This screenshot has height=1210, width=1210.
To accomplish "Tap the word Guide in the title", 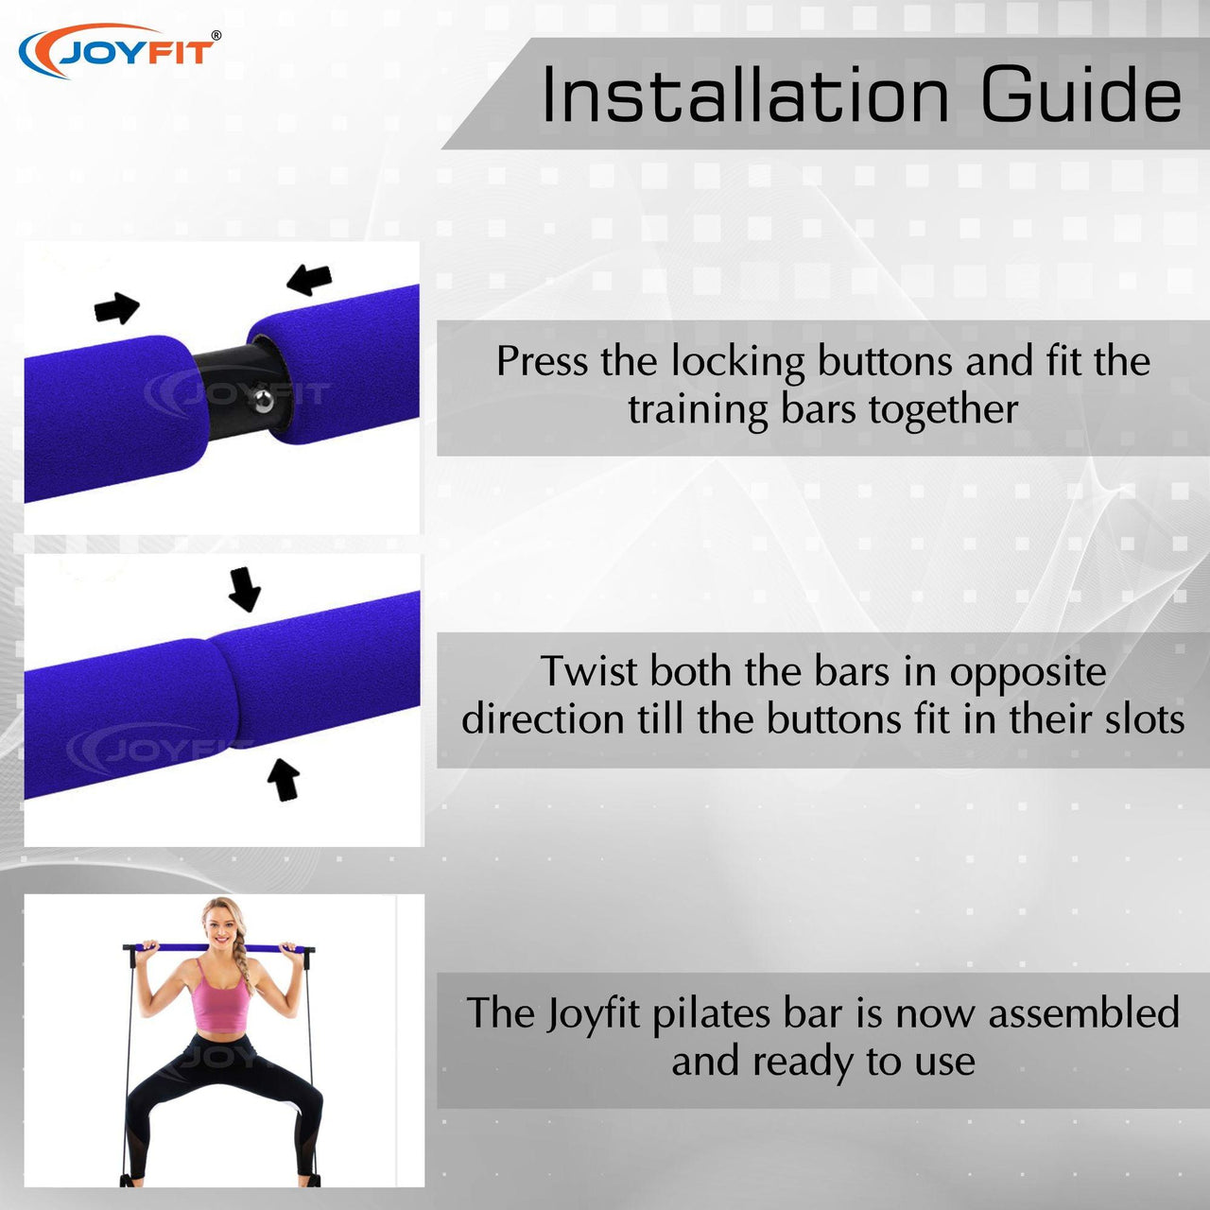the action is point(1081,95).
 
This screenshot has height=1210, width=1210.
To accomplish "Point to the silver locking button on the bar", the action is point(264,400).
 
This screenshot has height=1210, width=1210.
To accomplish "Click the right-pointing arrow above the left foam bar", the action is point(117,307).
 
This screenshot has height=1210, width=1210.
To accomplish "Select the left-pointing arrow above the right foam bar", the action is point(309,280).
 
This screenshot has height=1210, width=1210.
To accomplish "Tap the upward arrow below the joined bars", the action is point(284,779).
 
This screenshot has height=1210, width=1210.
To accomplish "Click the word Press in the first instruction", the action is point(542,362).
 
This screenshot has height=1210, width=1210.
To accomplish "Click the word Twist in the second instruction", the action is point(589,670).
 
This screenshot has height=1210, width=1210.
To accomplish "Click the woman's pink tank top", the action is point(221,999).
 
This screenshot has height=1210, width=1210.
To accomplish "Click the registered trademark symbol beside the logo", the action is point(216,36).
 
